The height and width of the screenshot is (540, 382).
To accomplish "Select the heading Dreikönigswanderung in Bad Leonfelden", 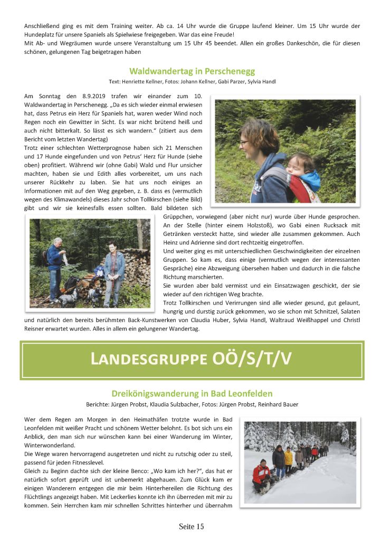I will click(x=192, y=394).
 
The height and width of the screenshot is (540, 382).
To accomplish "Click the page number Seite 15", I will click(x=191, y=526).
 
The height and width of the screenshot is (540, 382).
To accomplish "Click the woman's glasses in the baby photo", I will click(x=243, y=143).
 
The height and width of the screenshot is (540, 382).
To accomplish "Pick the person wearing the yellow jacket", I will click(x=288, y=457).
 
